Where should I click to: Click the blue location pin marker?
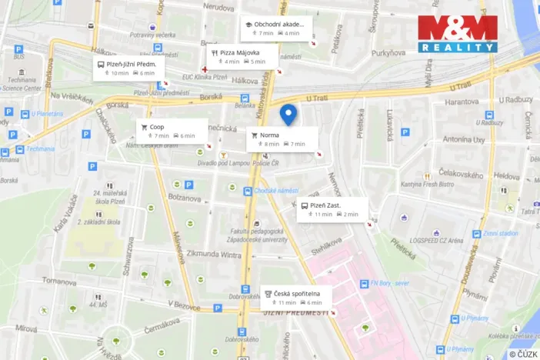pyautogui.click(x=288, y=114)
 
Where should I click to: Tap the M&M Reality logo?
pyautogui.click(x=457, y=34)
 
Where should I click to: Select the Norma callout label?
pyautogui.click(x=282, y=139)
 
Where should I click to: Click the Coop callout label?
pyautogui.click(x=172, y=131)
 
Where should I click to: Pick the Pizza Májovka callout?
pyautogui.click(x=242, y=56)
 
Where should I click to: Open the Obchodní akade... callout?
pyautogui.click(x=278, y=28)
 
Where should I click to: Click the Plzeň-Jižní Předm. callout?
pyautogui.click(x=128, y=68)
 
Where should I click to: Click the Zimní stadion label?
pyautogui.click(x=500, y=233)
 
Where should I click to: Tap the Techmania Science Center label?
pyautogui.click(x=23, y=84)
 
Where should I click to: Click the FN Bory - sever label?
pyautogui.click(x=391, y=282)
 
